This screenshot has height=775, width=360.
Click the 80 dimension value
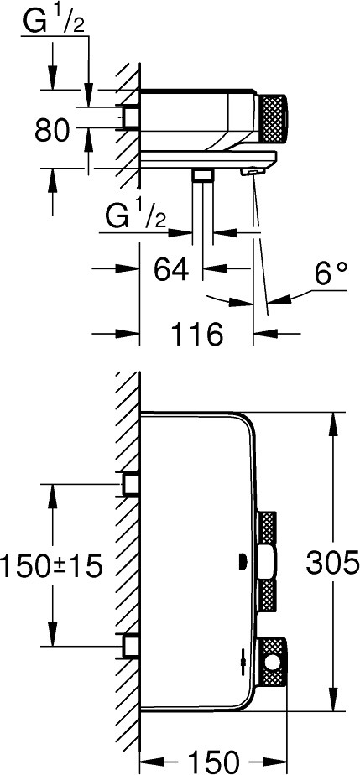click(x=52, y=131)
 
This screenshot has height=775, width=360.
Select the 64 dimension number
click(x=171, y=269)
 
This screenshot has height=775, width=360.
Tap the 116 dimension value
click(x=197, y=334)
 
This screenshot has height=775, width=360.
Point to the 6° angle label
click(x=330, y=273)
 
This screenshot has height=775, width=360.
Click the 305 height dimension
click(x=332, y=562)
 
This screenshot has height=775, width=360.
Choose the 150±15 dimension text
click(x=51, y=565)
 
